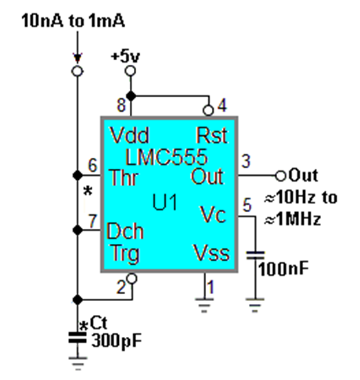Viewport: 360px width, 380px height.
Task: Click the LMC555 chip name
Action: pos(167,153)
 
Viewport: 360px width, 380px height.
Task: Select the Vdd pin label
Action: pos(130,133)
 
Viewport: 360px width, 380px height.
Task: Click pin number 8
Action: pos(121,104)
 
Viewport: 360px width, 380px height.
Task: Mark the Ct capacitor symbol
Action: pos(77,338)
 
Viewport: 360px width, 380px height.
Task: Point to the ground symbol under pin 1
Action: pos(206,304)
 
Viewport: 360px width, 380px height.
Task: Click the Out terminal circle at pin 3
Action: pos(279,174)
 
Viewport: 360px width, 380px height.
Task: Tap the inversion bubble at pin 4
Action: pos(207,109)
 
